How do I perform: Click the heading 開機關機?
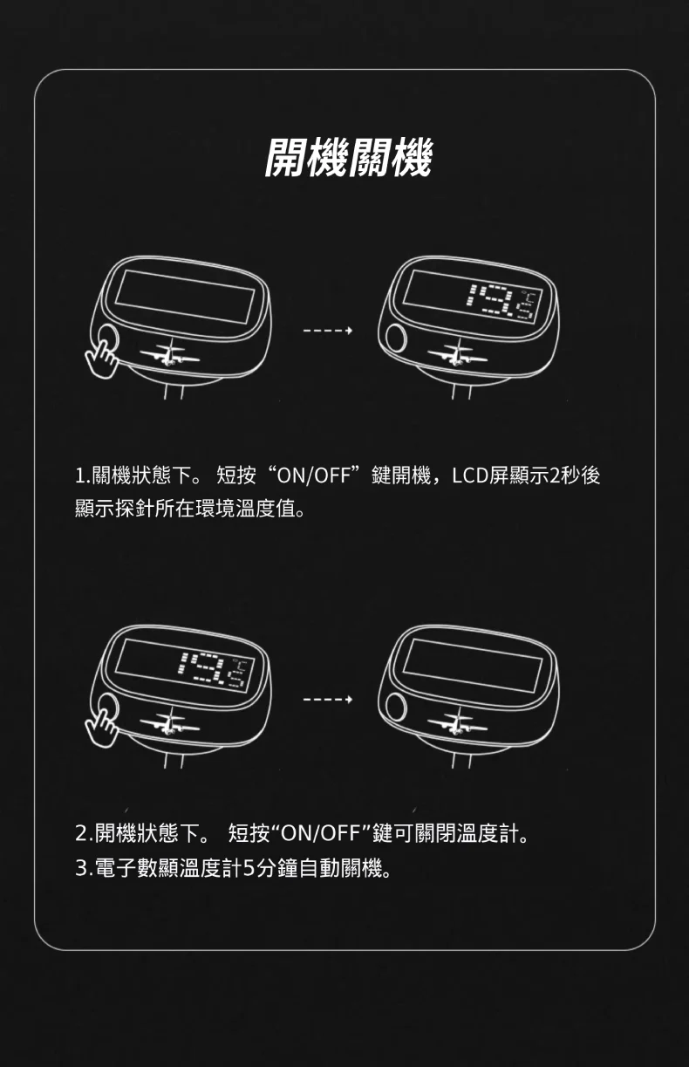[x=348, y=157]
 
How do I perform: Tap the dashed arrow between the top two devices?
[x=328, y=330]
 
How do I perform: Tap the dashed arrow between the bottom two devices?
[x=328, y=700]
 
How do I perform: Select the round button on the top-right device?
[x=395, y=339]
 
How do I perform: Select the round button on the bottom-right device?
[x=395, y=707]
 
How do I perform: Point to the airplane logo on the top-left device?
[x=169, y=353]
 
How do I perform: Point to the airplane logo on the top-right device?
[x=457, y=353]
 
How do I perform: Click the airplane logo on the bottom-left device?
[x=169, y=722]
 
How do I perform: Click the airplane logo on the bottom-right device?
[x=457, y=722]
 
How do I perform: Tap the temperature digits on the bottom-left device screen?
[x=214, y=670]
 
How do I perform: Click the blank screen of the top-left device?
[x=185, y=297]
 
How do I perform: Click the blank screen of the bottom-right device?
[x=473, y=666]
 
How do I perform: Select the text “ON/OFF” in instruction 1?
[x=313, y=475]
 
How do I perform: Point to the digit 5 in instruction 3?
[x=249, y=868]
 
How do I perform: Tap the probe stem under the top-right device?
[x=461, y=392]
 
